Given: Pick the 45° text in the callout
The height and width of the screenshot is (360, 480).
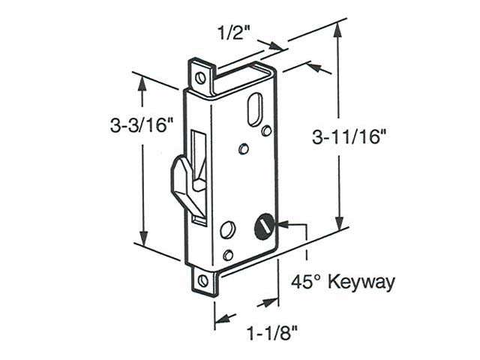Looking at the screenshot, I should pos(304,282).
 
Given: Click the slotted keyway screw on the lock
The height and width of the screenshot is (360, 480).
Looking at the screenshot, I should pos(264,223).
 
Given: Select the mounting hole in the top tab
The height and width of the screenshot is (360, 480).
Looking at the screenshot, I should pos(199,76).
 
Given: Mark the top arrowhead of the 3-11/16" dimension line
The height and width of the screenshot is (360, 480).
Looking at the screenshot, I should pos(340,28).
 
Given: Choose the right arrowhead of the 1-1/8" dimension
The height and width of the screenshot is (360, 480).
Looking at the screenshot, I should pos(273,304).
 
